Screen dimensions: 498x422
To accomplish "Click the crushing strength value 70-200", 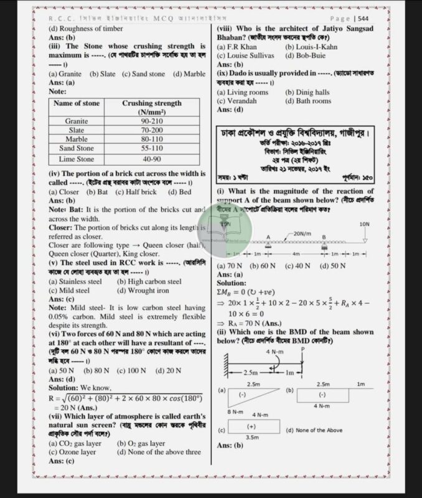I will [x=152, y=130].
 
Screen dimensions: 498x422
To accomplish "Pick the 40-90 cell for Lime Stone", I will [x=152, y=159].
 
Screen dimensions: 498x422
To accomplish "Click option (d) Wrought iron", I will [x=143, y=290].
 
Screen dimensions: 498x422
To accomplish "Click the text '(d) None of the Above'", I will [x=315, y=430].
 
